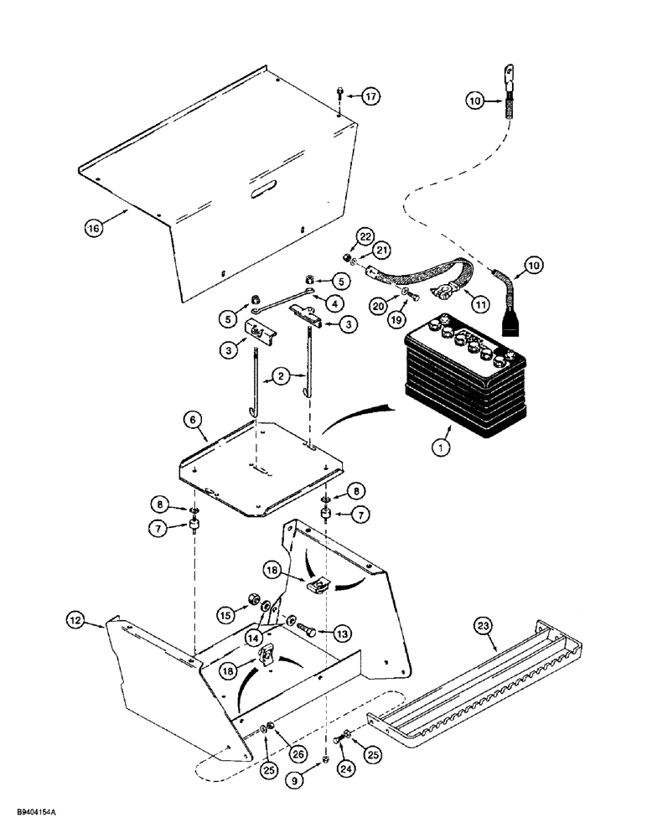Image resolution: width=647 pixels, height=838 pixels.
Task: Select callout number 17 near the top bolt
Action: click(x=370, y=96)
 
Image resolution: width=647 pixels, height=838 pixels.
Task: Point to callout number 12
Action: click(x=75, y=620)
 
